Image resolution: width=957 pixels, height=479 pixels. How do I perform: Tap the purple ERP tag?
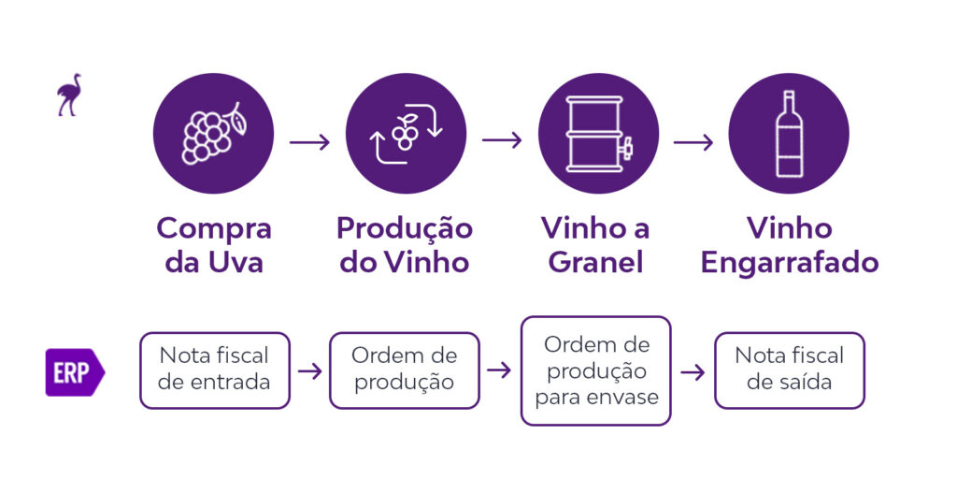(75, 372)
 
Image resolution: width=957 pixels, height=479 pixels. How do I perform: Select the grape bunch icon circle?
(214, 133)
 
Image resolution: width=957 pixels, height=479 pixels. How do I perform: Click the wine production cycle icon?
(406, 133)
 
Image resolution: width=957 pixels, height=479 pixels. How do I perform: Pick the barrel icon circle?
(598, 133)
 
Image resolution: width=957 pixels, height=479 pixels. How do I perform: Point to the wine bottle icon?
(789, 133)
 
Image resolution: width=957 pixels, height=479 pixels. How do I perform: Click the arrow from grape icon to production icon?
(309, 142)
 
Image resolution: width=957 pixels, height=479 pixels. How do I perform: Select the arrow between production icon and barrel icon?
(502, 140)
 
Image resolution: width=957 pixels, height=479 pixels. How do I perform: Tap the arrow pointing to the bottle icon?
(693, 142)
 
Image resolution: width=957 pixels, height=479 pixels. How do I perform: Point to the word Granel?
(595, 263)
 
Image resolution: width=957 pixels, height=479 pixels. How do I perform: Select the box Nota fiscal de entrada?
(214, 370)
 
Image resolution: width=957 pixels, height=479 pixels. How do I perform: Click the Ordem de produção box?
(404, 370)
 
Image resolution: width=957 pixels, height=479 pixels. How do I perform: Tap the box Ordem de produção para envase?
(595, 370)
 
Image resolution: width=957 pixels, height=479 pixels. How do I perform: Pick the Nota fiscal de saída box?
(789, 370)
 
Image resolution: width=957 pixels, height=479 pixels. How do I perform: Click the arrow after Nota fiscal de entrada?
(309, 370)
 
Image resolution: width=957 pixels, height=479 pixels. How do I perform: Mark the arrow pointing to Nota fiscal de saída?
(693, 372)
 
